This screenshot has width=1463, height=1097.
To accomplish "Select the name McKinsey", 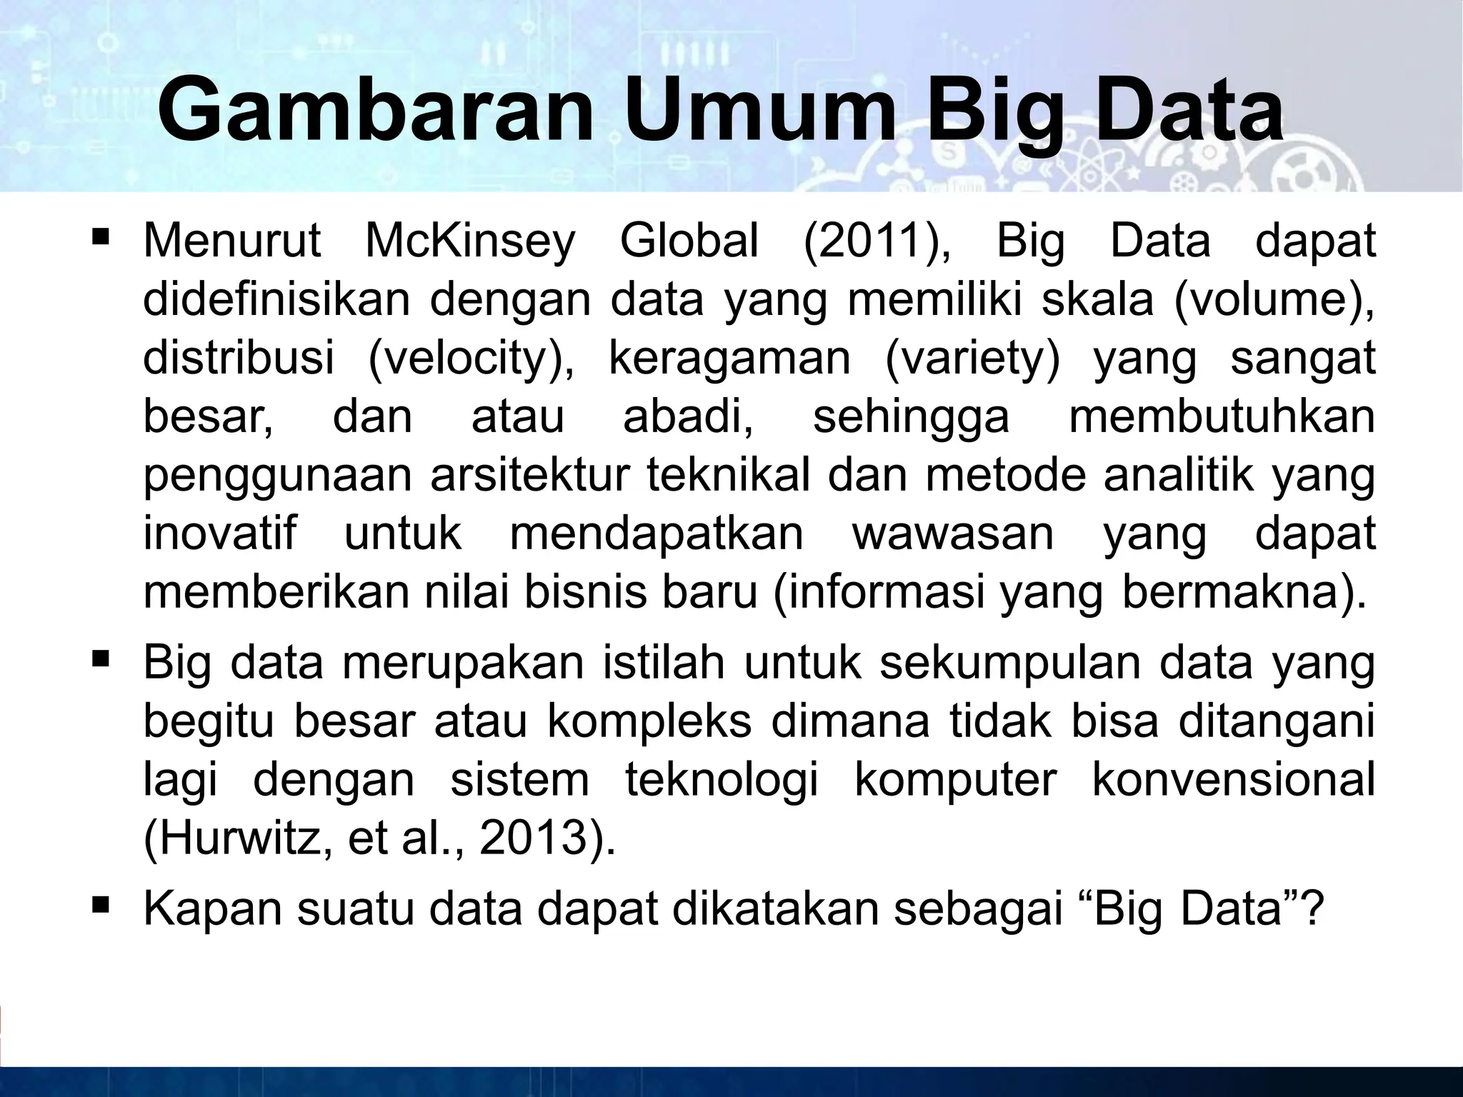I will click(470, 241).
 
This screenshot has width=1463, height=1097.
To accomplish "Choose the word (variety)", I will click(972, 359).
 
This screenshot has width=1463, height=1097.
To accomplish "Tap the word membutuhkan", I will click(1222, 416).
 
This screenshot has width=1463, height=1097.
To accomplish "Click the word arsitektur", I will click(532, 475).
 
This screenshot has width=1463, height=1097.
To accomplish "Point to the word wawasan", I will click(953, 534).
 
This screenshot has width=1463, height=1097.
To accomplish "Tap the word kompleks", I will click(650, 721).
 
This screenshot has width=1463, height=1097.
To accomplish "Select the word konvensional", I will click(1234, 780).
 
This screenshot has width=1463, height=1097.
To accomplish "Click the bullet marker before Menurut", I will click(100, 235).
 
